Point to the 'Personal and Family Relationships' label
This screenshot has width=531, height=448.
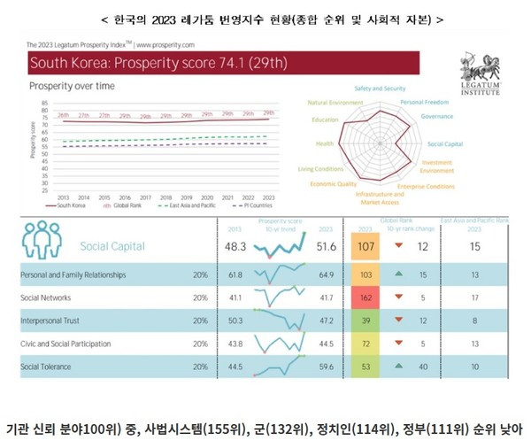coord(79,276)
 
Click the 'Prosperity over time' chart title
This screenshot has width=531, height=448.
coord(70,87)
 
